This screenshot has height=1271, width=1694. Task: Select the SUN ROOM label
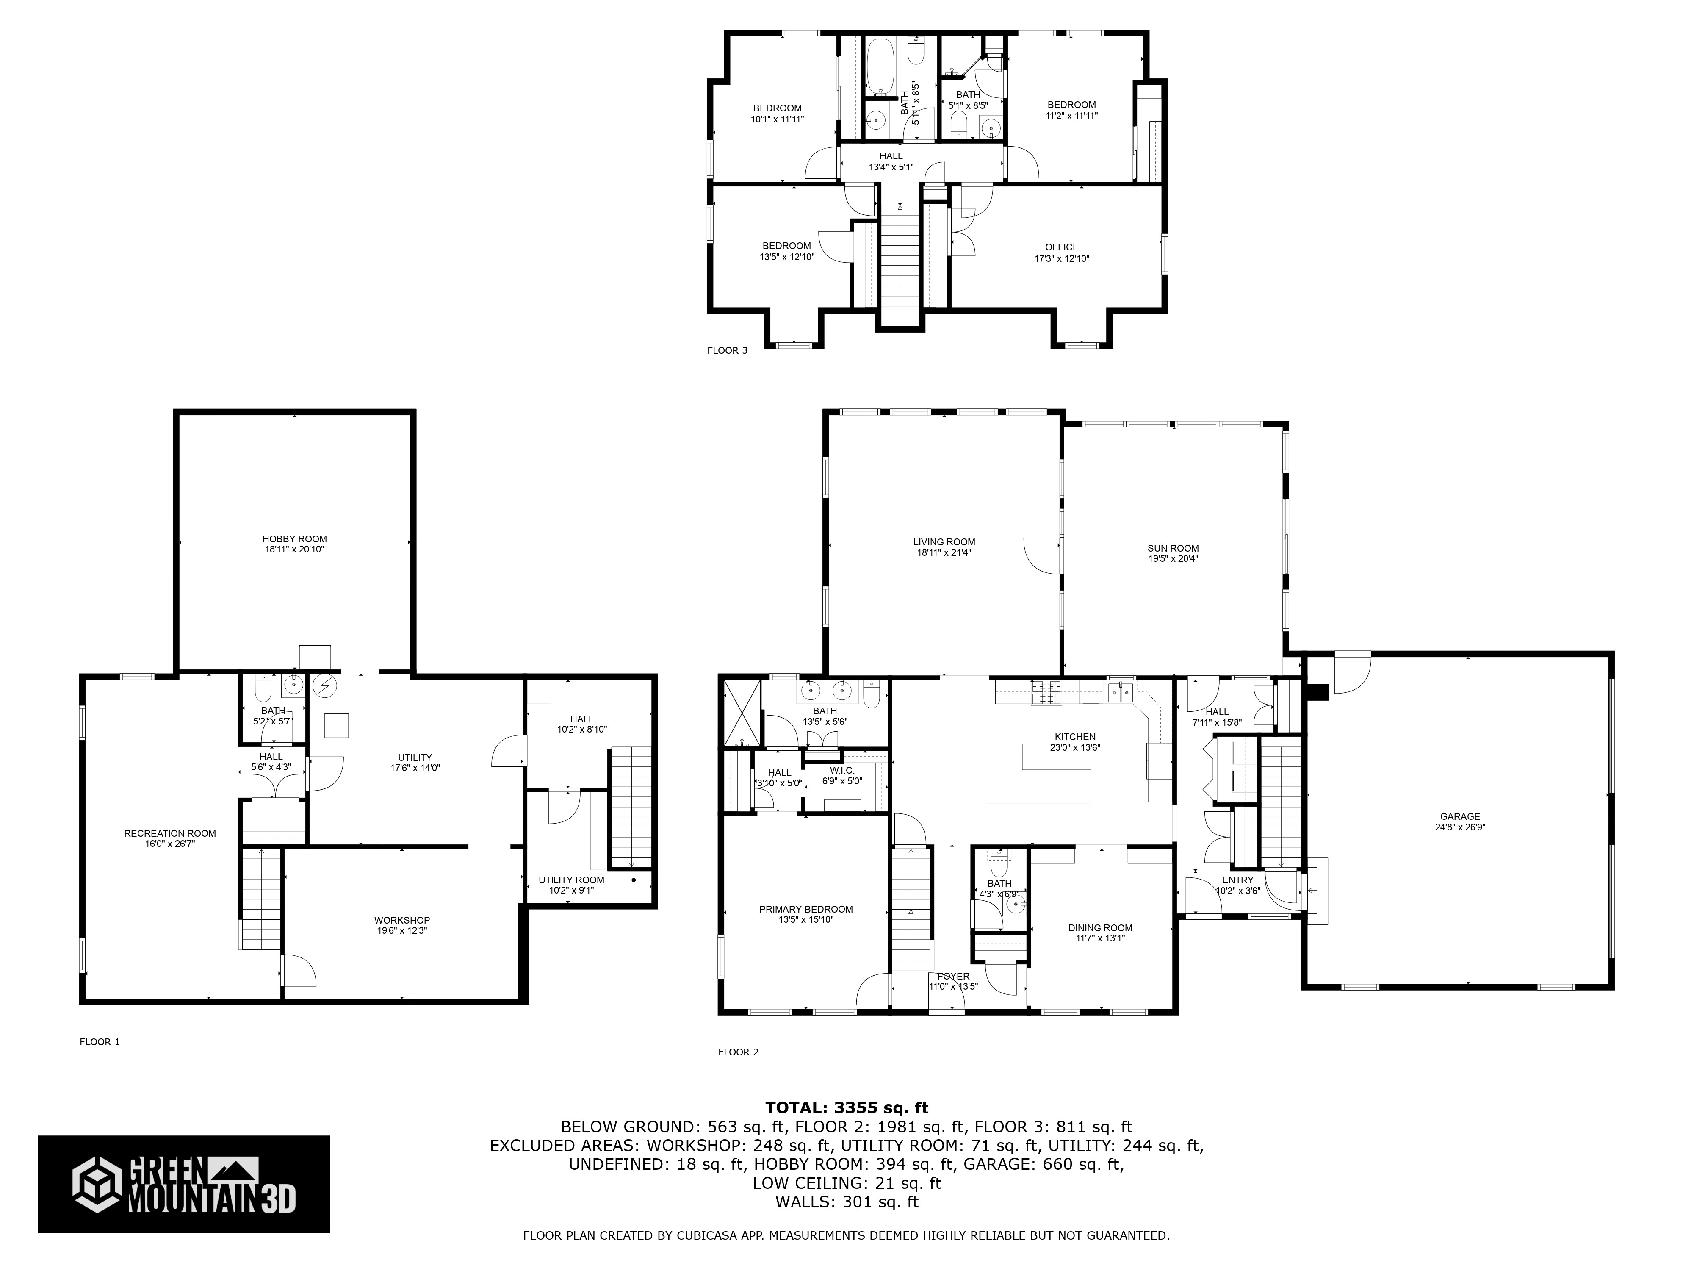(1173, 548)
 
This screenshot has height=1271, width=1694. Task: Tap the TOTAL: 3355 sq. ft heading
(846, 1108)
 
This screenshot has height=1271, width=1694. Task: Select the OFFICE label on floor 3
(1061, 247)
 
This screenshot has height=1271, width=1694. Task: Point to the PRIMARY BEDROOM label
(805, 909)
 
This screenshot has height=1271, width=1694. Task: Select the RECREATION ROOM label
(170, 833)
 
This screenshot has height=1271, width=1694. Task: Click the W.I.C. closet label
(841, 770)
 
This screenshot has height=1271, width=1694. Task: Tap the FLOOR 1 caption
(100, 1042)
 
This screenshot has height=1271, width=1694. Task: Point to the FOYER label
(953, 976)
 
